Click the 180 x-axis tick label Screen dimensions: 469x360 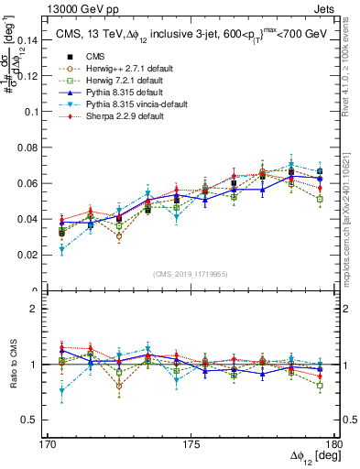pos(335,444)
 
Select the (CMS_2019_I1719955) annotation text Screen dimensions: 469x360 pos(191,273)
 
